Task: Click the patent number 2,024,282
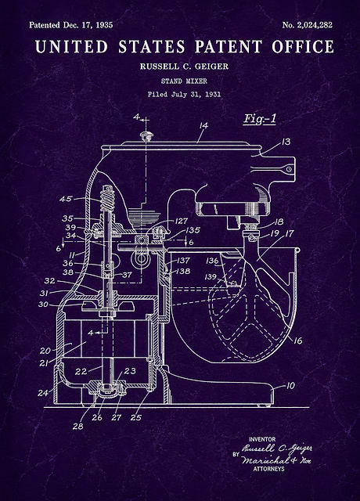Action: click(315, 25)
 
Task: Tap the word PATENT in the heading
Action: click(229, 47)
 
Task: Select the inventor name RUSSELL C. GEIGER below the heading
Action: click(185, 67)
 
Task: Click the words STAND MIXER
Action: click(184, 81)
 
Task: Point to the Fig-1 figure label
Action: click(259, 119)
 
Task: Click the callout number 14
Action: click(203, 125)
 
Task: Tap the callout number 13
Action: click(286, 141)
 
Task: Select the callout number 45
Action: click(66, 199)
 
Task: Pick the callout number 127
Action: click(181, 221)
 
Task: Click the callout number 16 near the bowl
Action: click(297, 341)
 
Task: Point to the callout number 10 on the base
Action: click(290, 386)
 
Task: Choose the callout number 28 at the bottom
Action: click(77, 426)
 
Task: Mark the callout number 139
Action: click(211, 276)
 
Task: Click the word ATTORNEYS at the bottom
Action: click(268, 469)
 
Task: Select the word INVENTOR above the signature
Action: click(262, 439)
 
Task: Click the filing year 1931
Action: click(212, 94)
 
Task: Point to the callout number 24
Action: click(43, 393)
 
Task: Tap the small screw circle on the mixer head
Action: click(289, 169)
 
